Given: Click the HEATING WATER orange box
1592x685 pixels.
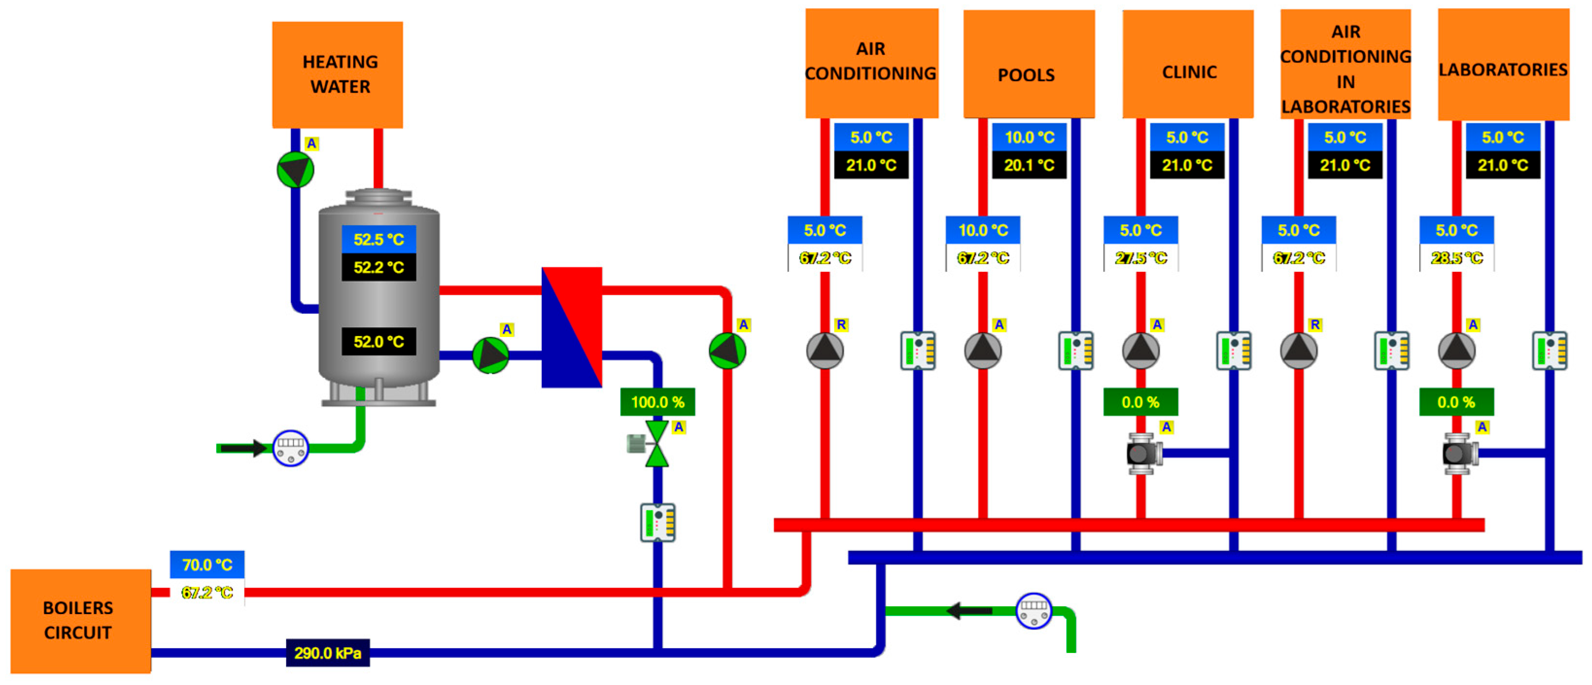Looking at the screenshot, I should [338, 75].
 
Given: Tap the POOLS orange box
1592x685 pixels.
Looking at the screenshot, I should [1028, 64].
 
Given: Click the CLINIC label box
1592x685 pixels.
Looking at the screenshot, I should [1188, 64].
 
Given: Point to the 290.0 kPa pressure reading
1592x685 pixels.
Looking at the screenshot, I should [327, 653].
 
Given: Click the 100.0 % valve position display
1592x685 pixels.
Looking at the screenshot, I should [658, 402].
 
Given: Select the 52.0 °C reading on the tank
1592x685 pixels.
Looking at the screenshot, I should [378, 342].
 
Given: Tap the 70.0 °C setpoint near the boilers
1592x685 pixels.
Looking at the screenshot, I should [207, 565].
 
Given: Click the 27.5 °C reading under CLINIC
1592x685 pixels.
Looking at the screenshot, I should [1141, 258].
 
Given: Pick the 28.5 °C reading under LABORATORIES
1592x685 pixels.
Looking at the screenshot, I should [1456, 258].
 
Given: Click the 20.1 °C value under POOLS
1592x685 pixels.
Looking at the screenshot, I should [1029, 165].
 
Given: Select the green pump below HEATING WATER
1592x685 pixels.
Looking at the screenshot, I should [295, 169].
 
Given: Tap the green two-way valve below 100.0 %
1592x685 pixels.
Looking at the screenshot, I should [656, 444].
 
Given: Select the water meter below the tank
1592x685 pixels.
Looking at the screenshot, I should [291, 448].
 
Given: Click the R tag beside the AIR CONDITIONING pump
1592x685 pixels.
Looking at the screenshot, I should [841, 325].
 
